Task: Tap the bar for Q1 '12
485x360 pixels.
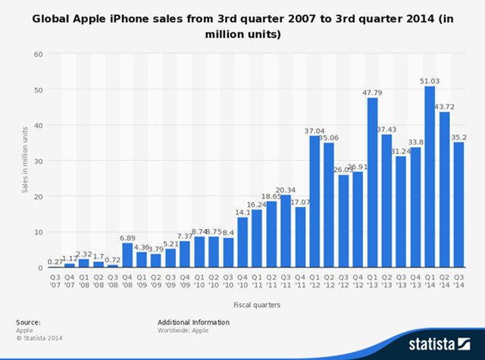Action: point(314,202)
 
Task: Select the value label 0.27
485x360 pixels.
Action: point(55,261)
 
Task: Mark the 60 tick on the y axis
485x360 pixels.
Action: point(36,55)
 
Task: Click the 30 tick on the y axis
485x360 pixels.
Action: point(36,161)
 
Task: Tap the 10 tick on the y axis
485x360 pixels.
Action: point(36,233)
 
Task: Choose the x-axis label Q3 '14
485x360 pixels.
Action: point(458,281)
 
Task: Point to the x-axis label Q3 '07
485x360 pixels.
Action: point(55,281)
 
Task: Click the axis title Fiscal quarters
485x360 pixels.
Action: point(256,304)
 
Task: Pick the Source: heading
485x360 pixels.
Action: point(28,322)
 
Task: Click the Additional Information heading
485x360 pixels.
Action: point(193,322)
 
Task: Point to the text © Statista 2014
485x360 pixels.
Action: point(37,338)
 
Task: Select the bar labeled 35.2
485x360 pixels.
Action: point(458,205)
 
